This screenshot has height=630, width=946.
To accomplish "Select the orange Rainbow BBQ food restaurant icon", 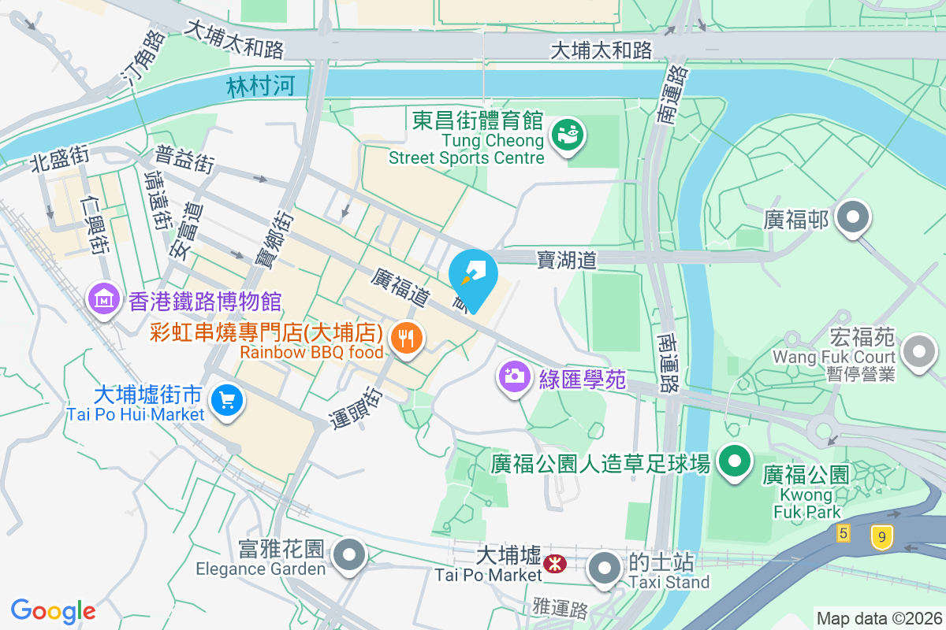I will (x=406, y=339).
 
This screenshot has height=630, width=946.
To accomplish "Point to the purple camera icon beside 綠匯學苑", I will (x=514, y=376).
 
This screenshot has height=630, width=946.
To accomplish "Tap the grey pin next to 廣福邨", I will (x=852, y=218).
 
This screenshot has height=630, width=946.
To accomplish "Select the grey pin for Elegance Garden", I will (x=348, y=555).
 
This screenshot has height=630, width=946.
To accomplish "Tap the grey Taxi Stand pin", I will (x=605, y=569).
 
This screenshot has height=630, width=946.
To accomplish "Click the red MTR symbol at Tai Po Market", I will (x=554, y=562).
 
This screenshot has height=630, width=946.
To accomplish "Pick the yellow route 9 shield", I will (x=882, y=537).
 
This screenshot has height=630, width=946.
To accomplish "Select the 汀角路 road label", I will (x=143, y=59).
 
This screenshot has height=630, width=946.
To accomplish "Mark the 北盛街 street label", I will (x=59, y=158).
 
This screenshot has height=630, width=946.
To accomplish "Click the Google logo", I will (x=53, y=610).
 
